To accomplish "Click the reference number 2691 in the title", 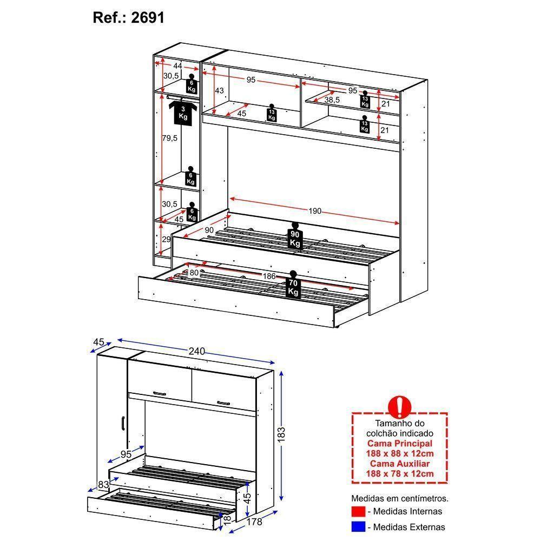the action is pos(147,18).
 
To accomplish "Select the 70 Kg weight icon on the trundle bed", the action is pos(293,284).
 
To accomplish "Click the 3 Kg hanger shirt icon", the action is pos(183,112).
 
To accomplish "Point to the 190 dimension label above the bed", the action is pos(315,211).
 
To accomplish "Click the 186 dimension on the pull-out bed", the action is pos(269,276).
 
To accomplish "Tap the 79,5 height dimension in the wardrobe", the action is pos(170,138).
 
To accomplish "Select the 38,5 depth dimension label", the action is pos(332,100).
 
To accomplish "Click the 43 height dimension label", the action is pos(220,90).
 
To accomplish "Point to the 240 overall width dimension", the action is pos(197,351).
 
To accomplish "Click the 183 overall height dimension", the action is pos(281,434).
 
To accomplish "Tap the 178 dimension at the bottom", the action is pos(254,522).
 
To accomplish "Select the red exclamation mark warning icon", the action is pos(400,407).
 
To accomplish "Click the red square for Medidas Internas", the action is pos(358,511).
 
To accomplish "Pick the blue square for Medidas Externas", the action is pos(358,527).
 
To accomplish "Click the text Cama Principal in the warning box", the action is pos(400,444).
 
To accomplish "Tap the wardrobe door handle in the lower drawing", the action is pos(122,424).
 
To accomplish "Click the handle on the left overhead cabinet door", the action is pos(160,393).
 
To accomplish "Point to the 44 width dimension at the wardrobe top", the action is pos(177,65).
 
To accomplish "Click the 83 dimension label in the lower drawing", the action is pos(103,484).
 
